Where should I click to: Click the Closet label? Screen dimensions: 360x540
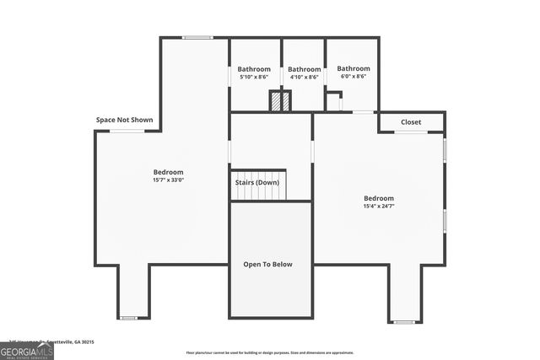pyautogui.click(x=411, y=122)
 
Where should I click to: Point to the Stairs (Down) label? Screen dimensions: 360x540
pyautogui.click(x=257, y=182)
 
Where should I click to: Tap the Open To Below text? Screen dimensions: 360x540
pyautogui.click(x=267, y=264)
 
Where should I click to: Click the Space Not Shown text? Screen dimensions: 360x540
pyautogui.click(x=125, y=120)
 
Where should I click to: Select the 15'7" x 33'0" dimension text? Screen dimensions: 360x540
pyautogui.click(x=168, y=180)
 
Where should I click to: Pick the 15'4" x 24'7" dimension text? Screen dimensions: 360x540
pyautogui.click(x=379, y=206)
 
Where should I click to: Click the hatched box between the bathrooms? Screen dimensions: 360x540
pyautogui.click(x=280, y=101)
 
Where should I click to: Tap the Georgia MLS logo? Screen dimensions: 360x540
pyautogui.click(x=26, y=350)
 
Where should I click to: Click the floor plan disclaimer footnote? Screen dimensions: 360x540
pyautogui.click(x=270, y=353)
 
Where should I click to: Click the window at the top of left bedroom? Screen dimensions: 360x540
pyautogui.click(x=198, y=37)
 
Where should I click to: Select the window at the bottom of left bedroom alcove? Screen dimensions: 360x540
pyautogui.click(x=128, y=318)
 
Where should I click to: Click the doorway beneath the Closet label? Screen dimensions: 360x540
pyautogui.click(x=411, y=132)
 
